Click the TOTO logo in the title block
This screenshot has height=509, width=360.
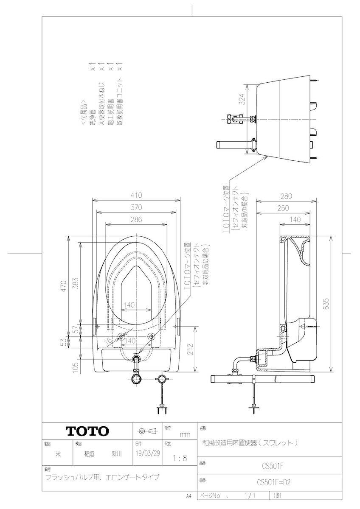click(87, 431)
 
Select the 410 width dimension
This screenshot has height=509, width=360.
click(136, 196)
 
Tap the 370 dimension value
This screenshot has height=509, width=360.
click(136, 207)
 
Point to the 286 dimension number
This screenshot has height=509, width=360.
click(136, 220)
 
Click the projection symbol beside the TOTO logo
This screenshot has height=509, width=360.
click(146, 431)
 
